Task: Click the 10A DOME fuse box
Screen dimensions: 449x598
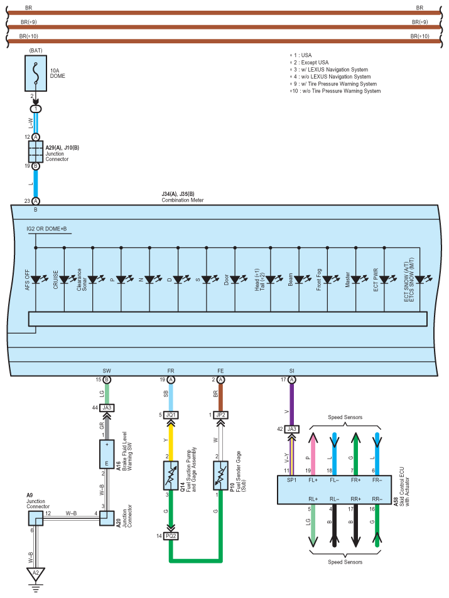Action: [x=36, y=73]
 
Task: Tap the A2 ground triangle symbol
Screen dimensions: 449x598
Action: [x=35, y=574]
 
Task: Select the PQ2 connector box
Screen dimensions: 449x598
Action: [x=171, y=536]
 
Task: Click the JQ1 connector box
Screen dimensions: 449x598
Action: [x=171, y=415]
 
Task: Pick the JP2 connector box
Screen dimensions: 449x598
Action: [x=220, y=415]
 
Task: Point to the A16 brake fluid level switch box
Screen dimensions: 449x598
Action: [x=107, y=454]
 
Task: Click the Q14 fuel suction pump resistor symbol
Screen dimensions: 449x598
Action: [x=171, y=475]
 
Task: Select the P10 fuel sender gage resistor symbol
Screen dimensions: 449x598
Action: [x=220, y=475]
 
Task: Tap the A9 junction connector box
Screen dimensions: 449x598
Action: [x=35, y=518]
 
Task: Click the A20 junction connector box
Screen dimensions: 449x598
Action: [x=107, y=518]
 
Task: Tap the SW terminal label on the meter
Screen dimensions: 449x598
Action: [x=107, y=371]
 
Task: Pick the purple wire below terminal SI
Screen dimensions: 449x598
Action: [x=291, y=405]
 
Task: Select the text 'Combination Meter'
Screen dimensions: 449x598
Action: [x=183, y=200]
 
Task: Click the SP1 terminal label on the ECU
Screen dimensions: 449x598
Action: [x=291, y=480]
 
